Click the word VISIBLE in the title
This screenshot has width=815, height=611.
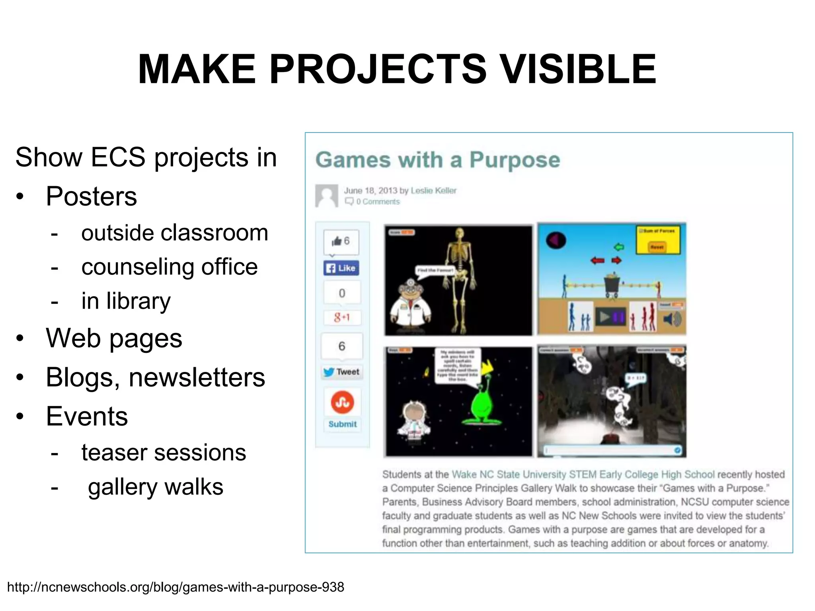coord(578,70)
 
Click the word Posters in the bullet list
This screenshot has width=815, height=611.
coord(91,197)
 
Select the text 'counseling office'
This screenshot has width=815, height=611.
coord(169,267)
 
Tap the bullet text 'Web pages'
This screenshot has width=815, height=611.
coord(114,339)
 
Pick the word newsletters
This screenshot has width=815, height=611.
coord(197,377)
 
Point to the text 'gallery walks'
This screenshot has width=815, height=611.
coord(156,487)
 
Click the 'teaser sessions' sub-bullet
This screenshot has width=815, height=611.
coord(164,453)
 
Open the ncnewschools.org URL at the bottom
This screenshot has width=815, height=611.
coord(175,587)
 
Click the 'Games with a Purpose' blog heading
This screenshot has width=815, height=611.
coord(437,160)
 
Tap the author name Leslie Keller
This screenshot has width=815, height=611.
coord(433,191)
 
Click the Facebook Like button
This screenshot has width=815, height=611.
coord(341,268)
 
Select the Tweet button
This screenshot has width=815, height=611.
coord(341,372)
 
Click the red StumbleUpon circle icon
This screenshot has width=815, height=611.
coord(342,402)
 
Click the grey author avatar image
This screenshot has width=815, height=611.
coord(326,196)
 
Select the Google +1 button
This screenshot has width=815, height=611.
coord(341,317)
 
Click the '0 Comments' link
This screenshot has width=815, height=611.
coord(377,202)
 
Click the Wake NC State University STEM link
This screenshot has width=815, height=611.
coord(583,475)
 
